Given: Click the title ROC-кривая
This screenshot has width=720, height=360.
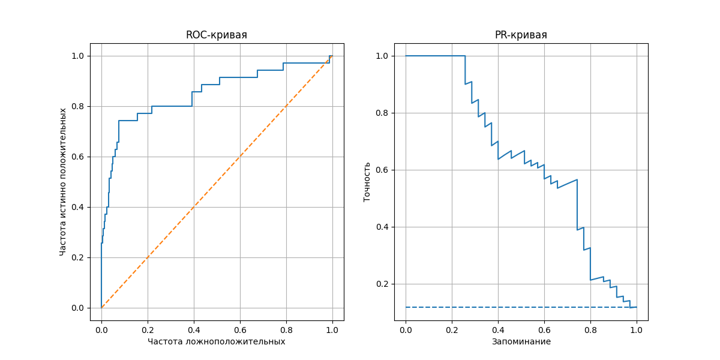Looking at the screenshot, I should (x=217, y=35).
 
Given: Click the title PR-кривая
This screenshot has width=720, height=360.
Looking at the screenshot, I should (x=521, y=35).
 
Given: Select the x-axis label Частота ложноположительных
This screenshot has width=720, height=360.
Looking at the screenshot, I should (x=217, y=341).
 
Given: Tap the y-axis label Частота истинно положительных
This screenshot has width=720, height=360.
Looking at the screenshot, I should (x=63, y=182).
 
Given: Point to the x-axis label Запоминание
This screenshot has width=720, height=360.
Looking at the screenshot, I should (x=521, y=341).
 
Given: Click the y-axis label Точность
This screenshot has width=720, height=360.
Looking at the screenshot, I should (x=367, y=182).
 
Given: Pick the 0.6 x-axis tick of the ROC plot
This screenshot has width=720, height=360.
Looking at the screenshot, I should (x=240, y=329).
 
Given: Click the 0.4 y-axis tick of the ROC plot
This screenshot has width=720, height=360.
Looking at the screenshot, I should (x=79, y=207).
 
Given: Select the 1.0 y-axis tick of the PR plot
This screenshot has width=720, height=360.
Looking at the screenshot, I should (x=383, y=56).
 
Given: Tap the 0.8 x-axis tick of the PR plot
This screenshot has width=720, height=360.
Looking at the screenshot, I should (x=590, y=329).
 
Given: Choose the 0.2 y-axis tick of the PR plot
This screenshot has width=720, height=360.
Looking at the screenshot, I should (x=383, y=284).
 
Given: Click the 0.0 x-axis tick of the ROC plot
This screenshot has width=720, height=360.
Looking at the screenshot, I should (x=101, y=329).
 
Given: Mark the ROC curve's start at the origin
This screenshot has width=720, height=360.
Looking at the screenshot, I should (x=101, y=308).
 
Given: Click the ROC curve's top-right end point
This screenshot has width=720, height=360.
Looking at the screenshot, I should (x=332, y=56).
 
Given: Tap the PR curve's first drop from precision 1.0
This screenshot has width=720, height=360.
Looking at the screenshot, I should (x=465, y=70).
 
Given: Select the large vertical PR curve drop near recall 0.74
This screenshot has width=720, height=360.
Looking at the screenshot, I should (x=577, y=204).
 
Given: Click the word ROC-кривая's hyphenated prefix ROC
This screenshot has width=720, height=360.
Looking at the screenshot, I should (x=196, y=35).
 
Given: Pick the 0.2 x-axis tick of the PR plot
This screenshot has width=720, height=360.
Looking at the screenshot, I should (x=452, y=329).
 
